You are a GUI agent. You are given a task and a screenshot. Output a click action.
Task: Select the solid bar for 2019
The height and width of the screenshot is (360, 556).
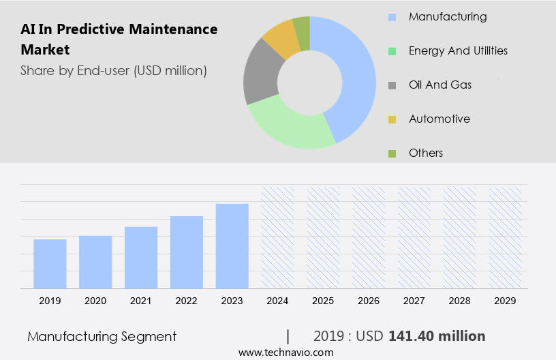pos(50,263)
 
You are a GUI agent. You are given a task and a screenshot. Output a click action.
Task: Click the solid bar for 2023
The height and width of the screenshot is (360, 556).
pos(232,245)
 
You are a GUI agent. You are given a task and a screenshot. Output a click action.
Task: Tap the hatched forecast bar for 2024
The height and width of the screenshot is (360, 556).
pos(278,237)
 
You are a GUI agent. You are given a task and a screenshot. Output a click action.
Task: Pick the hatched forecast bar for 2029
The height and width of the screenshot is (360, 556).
pos(506,237)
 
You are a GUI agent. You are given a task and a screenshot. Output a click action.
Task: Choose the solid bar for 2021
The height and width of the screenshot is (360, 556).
pos(141,257)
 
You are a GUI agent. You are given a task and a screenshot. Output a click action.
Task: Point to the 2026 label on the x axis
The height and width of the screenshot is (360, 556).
pos(369,300)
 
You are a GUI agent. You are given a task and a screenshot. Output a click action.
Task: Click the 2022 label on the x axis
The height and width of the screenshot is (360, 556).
pos(187,300)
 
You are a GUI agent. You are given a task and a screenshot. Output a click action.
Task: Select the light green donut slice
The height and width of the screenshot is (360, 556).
pos(290,125)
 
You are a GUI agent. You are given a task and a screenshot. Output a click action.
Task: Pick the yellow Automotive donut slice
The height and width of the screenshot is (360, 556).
pos(281,38)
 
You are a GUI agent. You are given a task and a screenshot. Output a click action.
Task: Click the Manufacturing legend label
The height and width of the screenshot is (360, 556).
pos(448,16)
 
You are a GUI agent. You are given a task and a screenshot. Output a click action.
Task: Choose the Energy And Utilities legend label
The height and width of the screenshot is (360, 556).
pos(458,50)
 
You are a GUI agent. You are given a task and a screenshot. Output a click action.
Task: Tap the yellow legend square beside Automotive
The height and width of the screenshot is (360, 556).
pos(392,119)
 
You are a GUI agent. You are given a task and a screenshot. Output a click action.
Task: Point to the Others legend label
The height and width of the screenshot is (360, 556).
pos(426,153)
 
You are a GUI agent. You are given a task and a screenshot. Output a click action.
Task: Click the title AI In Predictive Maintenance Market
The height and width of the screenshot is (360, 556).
pos(119,39)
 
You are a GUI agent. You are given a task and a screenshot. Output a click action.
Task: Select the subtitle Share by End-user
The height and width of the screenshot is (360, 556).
pos(114,70)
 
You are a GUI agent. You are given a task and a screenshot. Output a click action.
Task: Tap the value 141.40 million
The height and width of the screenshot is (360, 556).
pos(437,336)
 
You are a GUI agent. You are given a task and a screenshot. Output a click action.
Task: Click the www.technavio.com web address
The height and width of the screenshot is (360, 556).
pos(286,352)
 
